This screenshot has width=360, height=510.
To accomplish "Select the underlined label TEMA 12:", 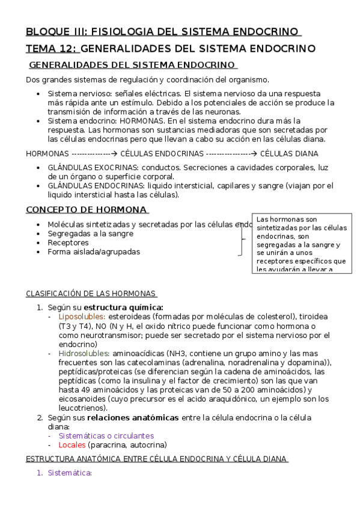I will (x=51, y=48).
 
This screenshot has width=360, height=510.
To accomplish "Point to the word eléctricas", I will (x=161, y=94).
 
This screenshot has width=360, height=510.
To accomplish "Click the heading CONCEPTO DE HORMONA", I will (x=86, y=210).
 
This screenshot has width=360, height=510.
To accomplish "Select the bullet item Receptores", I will (x=68, y=242).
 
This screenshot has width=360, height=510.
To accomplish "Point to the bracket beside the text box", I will (x=243, y=239).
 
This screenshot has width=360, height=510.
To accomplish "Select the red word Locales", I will (x=72, y=445).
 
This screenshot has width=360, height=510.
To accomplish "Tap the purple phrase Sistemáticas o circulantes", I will (x=106, y=435).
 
